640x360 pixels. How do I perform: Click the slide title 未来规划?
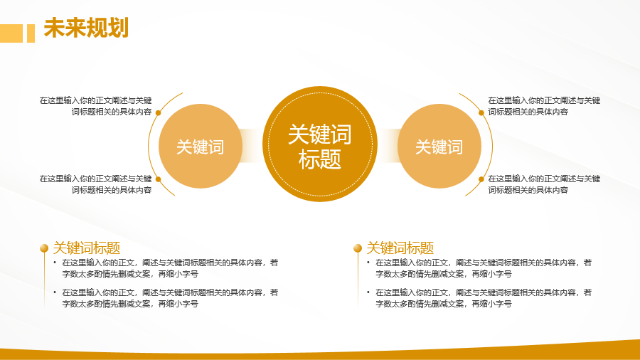[x=86, y=28]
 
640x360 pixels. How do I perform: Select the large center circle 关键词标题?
[x=320, y=144]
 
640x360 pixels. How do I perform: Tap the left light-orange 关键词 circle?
[x=201, y=146]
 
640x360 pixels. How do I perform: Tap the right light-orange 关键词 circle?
[x=439, y=146]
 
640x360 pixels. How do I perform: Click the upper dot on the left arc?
[x=159, y=112]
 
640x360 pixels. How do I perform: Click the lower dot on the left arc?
[x=159, y=179]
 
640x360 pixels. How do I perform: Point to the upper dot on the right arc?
[x=481, y=112]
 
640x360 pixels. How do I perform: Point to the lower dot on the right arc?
[x=481, y=179]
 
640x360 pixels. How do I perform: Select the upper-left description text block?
[x=95, y=106]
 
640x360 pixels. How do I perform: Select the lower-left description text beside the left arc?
[x=95, y=184]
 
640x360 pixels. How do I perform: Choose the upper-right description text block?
[x=544, y=106]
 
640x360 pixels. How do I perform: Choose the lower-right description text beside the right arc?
[x=544, y=184]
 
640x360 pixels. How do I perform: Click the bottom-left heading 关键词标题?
[x=87, y=248]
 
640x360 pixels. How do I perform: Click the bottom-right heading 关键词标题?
[x=400, y=248]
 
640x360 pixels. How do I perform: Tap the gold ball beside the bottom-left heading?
[x=44, y=248]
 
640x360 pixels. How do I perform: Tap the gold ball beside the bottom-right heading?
[x=358, y=248]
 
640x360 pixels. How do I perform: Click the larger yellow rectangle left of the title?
[x=11, y=33]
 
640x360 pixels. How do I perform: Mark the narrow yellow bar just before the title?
[x=31, y=33]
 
